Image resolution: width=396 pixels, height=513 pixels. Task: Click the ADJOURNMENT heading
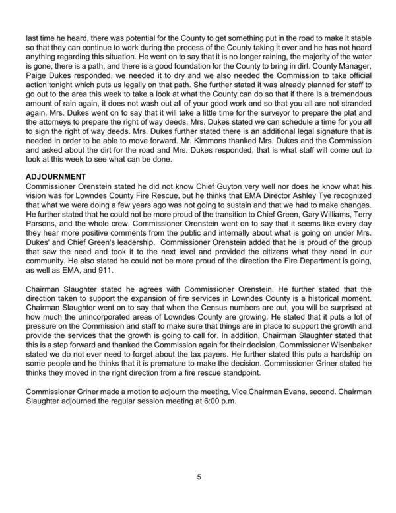56,177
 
